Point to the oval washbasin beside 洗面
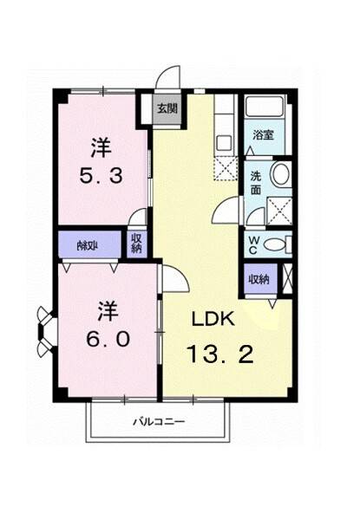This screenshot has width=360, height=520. [x=281, y=176]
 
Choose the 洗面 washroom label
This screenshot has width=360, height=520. [x=257, y=183]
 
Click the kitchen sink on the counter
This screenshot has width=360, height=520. [x=223, y=142]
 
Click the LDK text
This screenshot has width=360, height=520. [x=213, y=319]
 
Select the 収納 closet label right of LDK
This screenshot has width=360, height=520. [x=258, y=279]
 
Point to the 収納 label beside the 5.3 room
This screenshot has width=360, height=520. [x=136, y=244]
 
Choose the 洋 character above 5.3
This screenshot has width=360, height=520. [x=101, y=145]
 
